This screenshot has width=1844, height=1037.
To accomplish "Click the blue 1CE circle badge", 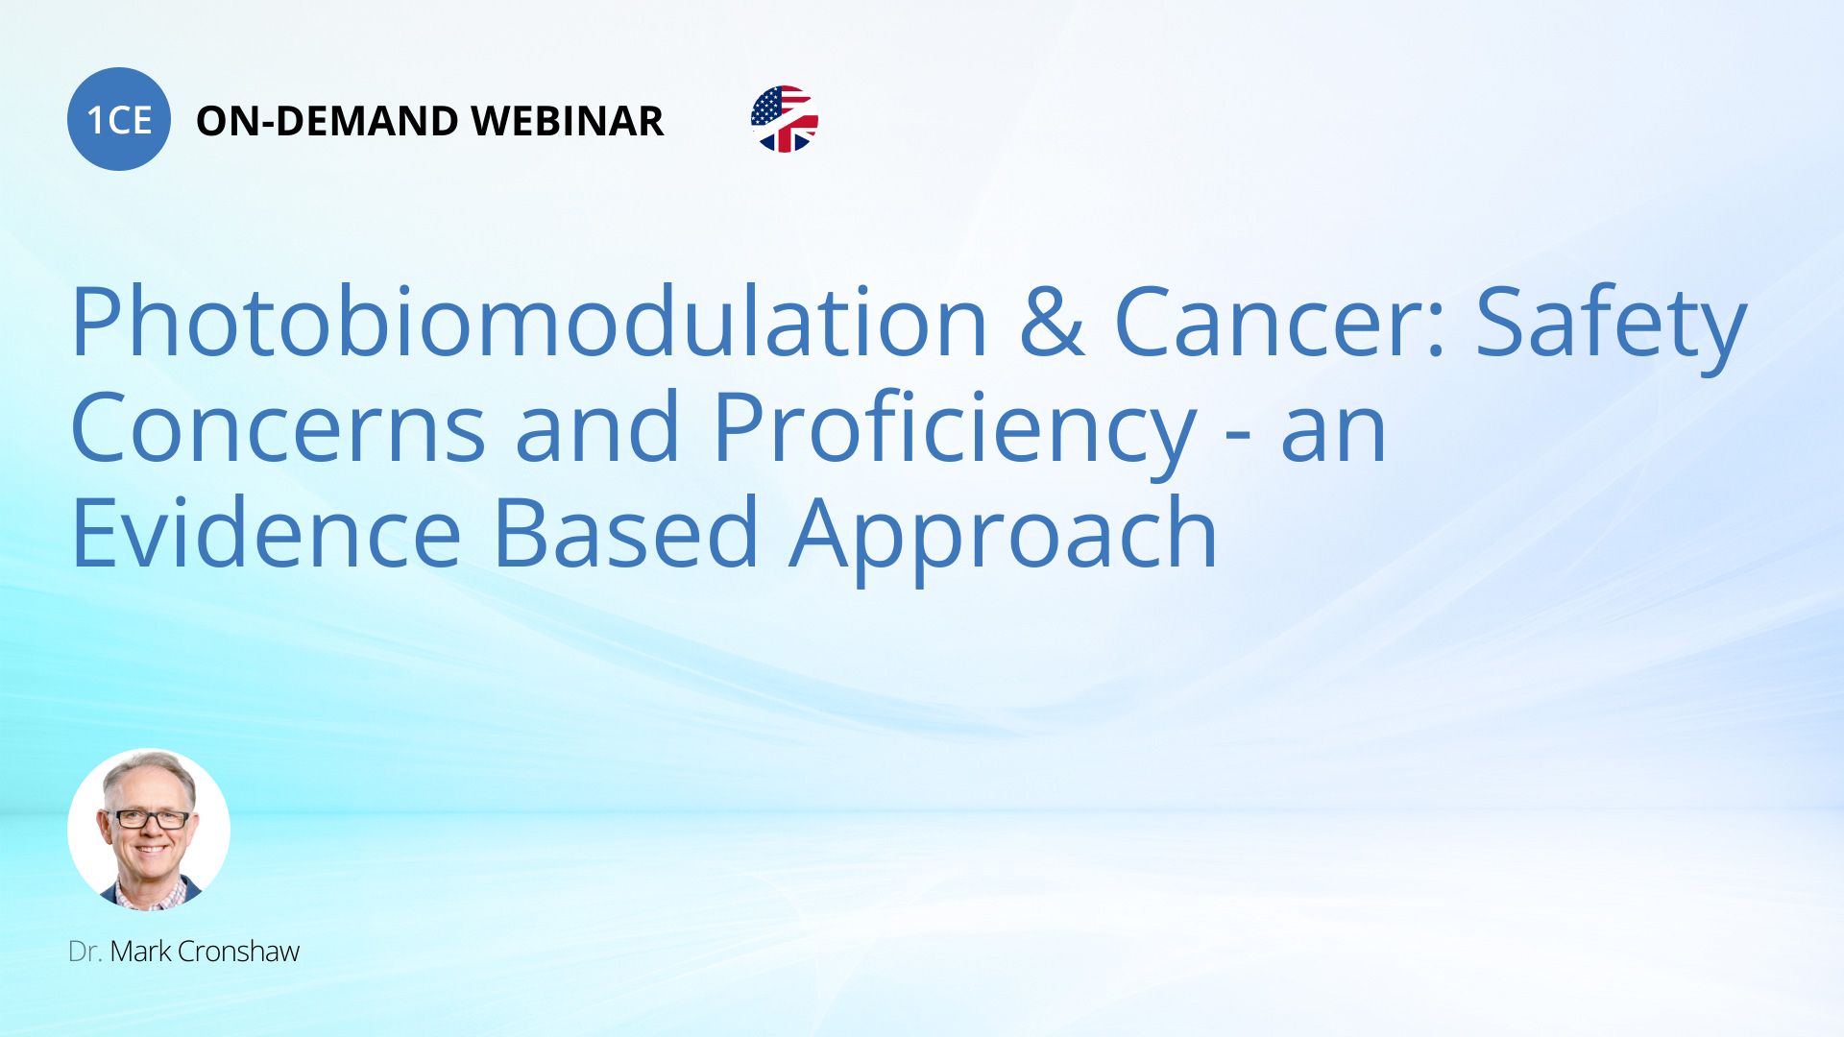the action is pyautogui.click(x=119, y=119).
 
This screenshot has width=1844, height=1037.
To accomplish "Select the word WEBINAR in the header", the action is pyautogui.click(x=568, y=121).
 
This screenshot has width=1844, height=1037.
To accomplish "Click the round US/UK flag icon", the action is pyautogui.click(x=785, y=119).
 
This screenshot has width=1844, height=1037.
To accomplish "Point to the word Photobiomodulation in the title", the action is pyautogui.click(x=529, y=323).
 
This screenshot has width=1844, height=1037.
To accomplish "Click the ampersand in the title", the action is pyautogui.click(x=1051, y=323).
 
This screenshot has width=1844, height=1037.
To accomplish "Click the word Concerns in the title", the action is pyautogui.click(x=279, y=428).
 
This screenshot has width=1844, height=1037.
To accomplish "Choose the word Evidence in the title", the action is pyautogui.click(x=267, y=534).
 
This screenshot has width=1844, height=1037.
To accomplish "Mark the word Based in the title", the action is pyautogui.click(x=626, y=534).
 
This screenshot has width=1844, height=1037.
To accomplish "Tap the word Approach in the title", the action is pyautogui.click(x=1004, y=538).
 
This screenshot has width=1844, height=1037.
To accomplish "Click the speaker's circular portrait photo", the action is pyautogui.click(x=149, y=830).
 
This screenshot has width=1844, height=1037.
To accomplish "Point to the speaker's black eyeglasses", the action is pyautogui.click(x=147, y=820).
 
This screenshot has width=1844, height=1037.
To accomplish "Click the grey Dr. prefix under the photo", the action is pyautogui.click(x=85, y=952).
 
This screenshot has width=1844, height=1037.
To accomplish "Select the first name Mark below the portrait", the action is pyautogui.click(x=141, y=952).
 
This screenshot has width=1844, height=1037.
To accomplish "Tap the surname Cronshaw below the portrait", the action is pyautogui.click(x=239, y=952).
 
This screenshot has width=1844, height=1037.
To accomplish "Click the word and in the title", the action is pyautogui.click(x=597, y=428).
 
